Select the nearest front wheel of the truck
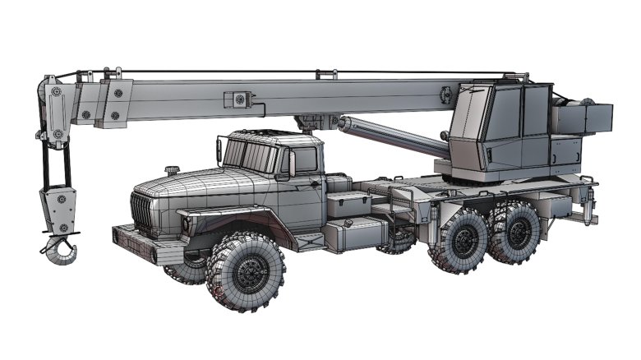tap(246, 270)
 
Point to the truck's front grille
tap(142, 214)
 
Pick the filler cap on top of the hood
tap(172, 171)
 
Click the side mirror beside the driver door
tap(291, 164)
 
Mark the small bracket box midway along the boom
tap(238, 99)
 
